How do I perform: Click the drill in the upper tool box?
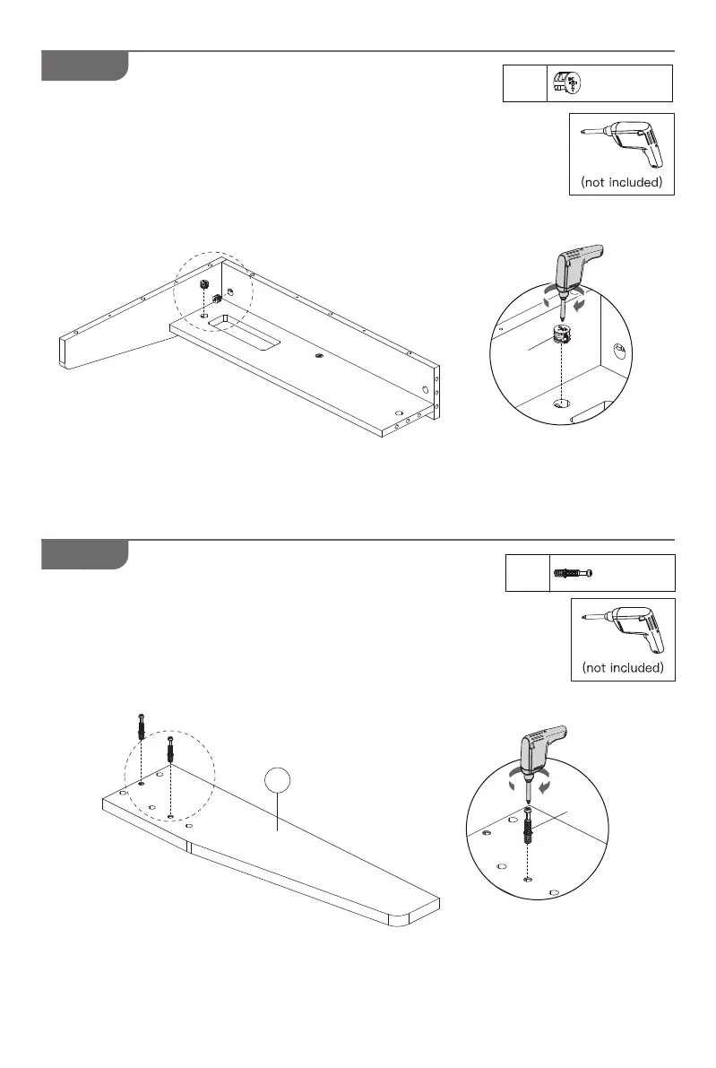click(622, 145)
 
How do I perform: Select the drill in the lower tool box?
click(622, 631)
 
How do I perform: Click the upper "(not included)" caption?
click(622, 183)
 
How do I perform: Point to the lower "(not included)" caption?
click(622, 669)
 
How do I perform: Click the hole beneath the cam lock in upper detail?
click(562, 403)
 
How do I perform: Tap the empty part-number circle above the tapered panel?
click(279, 781)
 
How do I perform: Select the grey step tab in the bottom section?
click(84, 554)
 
